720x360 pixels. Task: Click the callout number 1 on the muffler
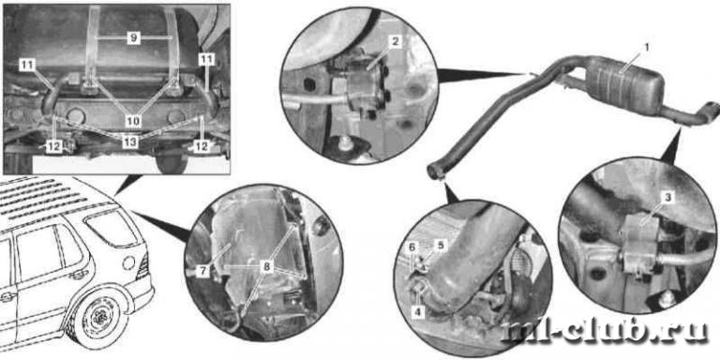click(x=648, y=47)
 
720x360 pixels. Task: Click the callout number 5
click(x=441, y=246)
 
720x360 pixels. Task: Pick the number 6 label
click(x=412, y=247)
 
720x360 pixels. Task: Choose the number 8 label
click(x=266, y=267)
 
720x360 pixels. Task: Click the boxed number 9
click(x=133, y=37)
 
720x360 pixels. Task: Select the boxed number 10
click(x=133, y=121)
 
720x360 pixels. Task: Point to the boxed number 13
click(x=130, y=142)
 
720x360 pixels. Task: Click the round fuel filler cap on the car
click(x=129, y=263)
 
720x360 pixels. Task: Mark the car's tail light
click(x=143, y=265)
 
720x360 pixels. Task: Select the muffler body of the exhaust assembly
click(x=624, y=85)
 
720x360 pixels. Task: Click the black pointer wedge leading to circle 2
click(x=483, y=74)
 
